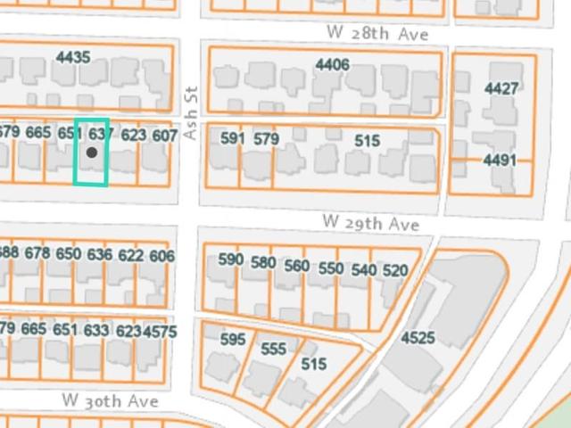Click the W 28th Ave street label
tap(377, 33)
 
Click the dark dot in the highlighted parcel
tap(92, 152)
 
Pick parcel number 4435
tap(73, 57)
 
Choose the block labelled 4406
tap(332, 64)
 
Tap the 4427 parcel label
tap(501, 88)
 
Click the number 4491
tap(500, 160)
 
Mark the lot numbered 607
tap(164, 136)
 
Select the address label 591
tap(232, 138)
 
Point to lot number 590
tap(231, 259)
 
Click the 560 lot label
tap(297, 266)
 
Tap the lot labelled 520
tap(395, 270)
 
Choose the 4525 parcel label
tap(418, 338)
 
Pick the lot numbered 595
tap(232, 340)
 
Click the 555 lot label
tap(273, 350)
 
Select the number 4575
tap(161, 331)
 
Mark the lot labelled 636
tap(99, 255)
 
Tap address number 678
tap(37, 253)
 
